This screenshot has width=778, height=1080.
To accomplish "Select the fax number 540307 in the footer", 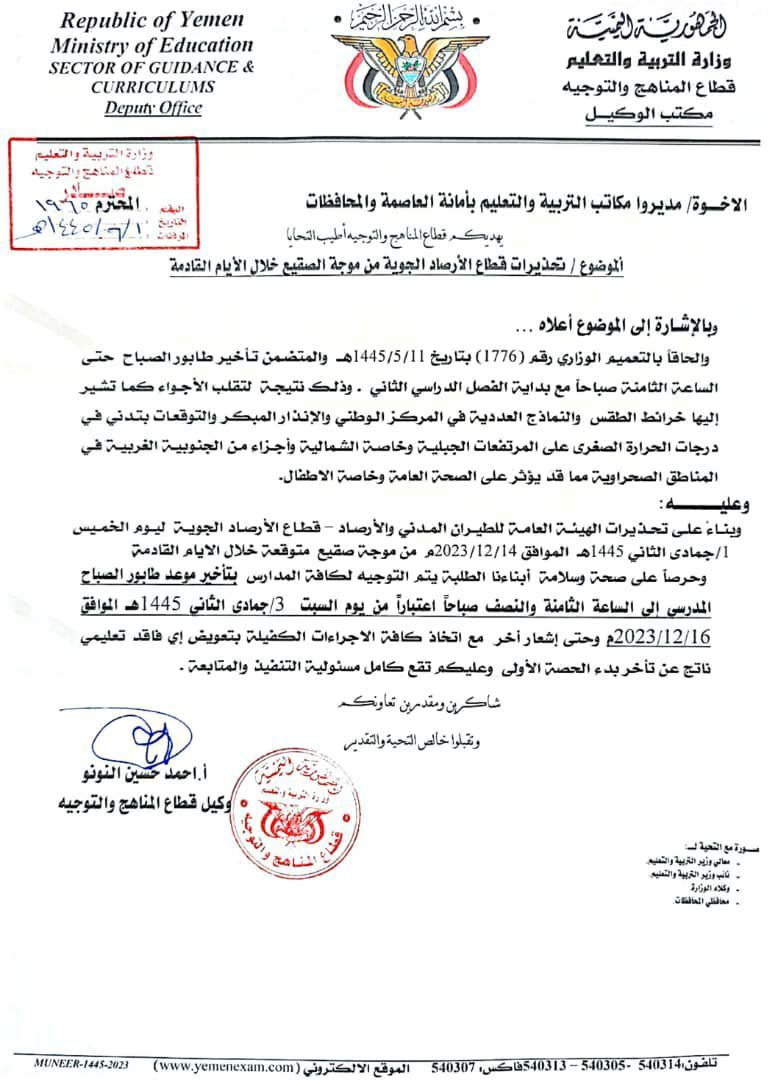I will pos(455,1066).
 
